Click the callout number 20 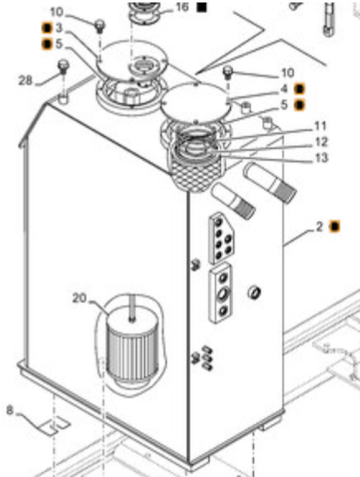(79, 298)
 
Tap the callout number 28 (25, 80)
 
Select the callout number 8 (10, 411)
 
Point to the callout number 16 (182, 7)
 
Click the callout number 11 (320, 125)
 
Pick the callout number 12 (322, 142)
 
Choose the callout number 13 (322, 158)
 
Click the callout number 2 (319, 226)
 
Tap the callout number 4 (284, 89)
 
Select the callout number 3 (59, 28)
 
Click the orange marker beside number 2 (335, 226)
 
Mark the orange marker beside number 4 (300, 89)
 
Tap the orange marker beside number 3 (47, 29)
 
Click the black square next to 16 (201, 7)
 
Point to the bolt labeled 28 (63, 67)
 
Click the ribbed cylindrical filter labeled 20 (132, 345)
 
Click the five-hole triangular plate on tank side (222, 238)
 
